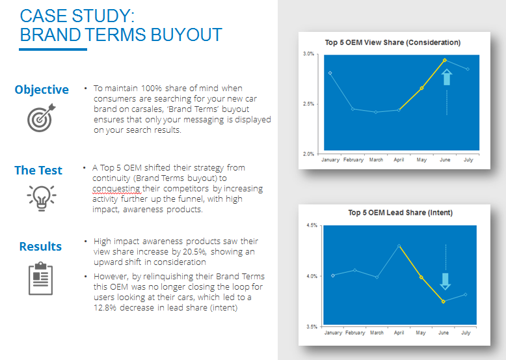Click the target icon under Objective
[x=41, y=118]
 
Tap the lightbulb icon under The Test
[x=42, y=198]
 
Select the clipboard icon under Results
[x=41, y=279]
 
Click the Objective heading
[x=42, y=90]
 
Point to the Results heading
[x=40, y=246]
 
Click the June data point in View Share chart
[x=445, y=61]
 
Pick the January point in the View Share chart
[x=330, y=73]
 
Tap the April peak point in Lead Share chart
[x=399, y=246]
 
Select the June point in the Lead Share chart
[x=444, y=301]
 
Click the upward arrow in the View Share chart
[x=447, y=77]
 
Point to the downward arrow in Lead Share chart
[x=446, y=281]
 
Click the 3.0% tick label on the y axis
[x=308, y=54]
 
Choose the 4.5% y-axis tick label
[x=312, y=225]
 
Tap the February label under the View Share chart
[x=353, y=160]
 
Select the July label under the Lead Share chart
[x=466, y=333]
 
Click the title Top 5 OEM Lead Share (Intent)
[x=400, y=213]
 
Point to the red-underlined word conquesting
[x=116, y=189]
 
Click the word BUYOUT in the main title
[x=186, y=35]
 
